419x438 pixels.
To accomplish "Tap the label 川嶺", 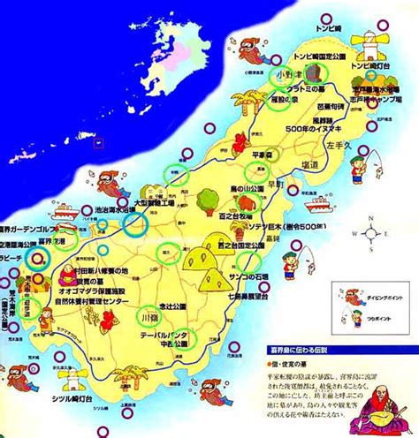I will coord(149,314).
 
